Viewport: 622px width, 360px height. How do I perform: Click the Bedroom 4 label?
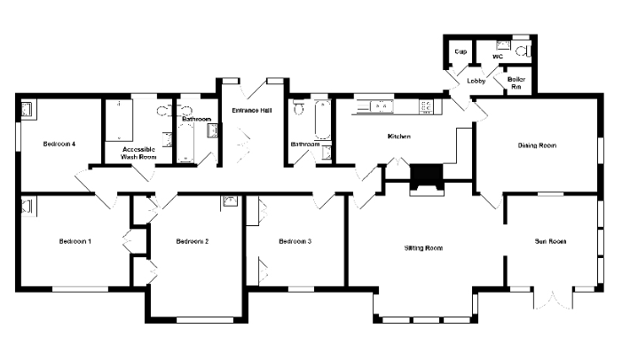[59, 144]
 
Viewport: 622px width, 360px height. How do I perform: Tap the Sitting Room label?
[423, 248]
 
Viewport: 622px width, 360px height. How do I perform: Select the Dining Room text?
[537, 145]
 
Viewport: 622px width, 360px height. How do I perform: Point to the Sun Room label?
[550, 241]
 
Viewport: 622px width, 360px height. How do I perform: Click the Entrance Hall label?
[251, 110]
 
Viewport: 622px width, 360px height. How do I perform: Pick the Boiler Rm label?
[516, 82]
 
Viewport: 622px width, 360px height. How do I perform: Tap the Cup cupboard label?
[461, 52]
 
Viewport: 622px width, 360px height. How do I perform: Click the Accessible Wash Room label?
[138, 153]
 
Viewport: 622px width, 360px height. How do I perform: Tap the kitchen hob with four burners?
[426, 106]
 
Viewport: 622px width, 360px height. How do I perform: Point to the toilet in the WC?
[524, 51]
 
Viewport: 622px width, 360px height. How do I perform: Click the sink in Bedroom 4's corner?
[27, 109]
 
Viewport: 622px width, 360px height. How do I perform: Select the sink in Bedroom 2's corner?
[230, 201]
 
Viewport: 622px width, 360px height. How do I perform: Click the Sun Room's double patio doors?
[553, 299]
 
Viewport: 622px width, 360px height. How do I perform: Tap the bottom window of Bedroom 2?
[205, 319]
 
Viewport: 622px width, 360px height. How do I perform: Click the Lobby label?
[476, 81]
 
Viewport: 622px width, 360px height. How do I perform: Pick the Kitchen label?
[399, 137]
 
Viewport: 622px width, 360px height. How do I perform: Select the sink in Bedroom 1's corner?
[27, 207]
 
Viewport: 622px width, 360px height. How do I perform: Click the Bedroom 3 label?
[295, 241]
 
